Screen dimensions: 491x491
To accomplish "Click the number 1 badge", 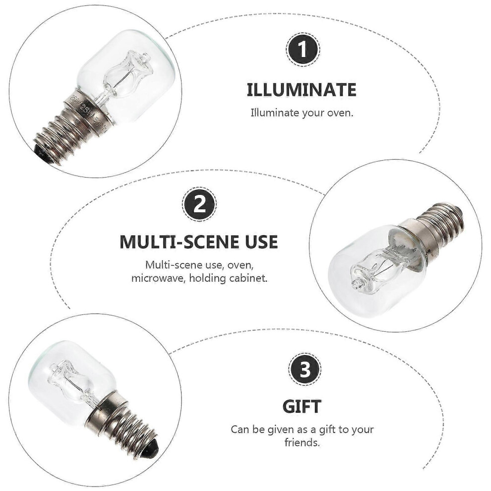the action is (303, 50).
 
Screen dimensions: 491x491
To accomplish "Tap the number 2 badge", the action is (199, 204).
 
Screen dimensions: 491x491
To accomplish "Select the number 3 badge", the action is (305, 369).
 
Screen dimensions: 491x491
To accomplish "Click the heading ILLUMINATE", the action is (302, 90).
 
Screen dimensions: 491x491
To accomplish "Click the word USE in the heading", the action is (261, 242).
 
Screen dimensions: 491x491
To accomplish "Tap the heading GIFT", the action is (302, 407).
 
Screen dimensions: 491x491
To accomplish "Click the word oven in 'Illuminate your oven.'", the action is (340, 113).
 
